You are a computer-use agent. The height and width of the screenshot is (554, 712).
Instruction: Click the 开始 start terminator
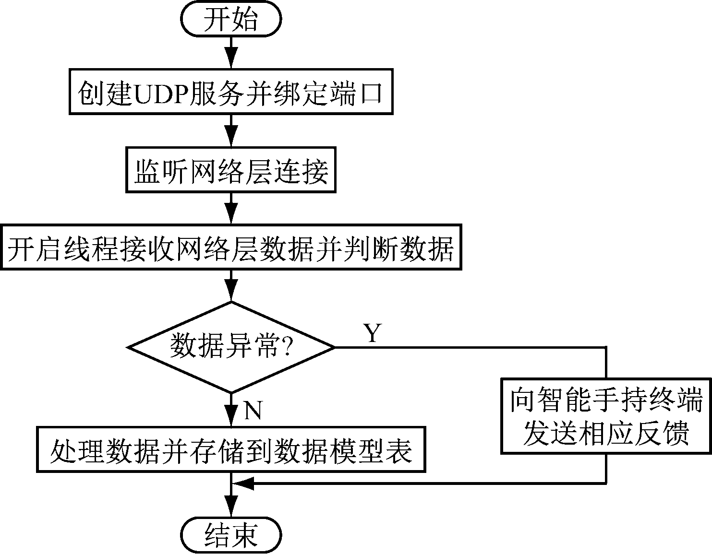(231, 20)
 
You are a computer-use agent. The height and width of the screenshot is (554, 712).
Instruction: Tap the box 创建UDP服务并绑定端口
(231, 92)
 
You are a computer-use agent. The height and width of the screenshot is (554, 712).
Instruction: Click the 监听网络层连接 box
(231, 170)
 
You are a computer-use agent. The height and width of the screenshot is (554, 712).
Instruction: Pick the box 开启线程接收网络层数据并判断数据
(231, 248)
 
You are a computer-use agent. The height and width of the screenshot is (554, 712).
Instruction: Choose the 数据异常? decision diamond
(231, 347)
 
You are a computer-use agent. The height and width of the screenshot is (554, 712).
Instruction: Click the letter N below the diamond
(253, 411)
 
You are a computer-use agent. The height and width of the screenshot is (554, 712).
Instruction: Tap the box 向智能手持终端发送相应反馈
(606, 415)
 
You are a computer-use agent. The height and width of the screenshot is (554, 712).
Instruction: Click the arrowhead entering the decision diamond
(231, 293)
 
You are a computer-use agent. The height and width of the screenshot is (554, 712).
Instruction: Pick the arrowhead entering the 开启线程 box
(231, 215)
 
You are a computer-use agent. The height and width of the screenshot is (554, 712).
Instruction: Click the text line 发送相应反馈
(606, 433)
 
